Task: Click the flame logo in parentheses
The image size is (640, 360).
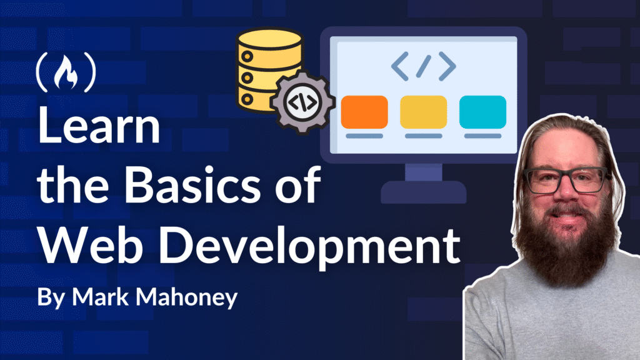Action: click(x=66, y=72)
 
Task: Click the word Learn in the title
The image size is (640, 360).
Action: click(x=99, y=125)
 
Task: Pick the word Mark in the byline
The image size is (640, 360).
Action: click(x=101, y=296)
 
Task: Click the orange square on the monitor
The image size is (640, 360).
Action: click(x=364, y=112)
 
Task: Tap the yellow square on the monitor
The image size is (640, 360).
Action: click(x=423, y=112)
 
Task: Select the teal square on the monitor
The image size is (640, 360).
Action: click(x=482, y=112)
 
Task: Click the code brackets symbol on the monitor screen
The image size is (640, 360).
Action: click(x=423, y=66)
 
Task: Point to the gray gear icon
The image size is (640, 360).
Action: click(x=302, y=102)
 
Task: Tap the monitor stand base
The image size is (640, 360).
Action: click(x=423, y=192)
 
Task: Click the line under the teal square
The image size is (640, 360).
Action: click(x=482, y=136)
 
